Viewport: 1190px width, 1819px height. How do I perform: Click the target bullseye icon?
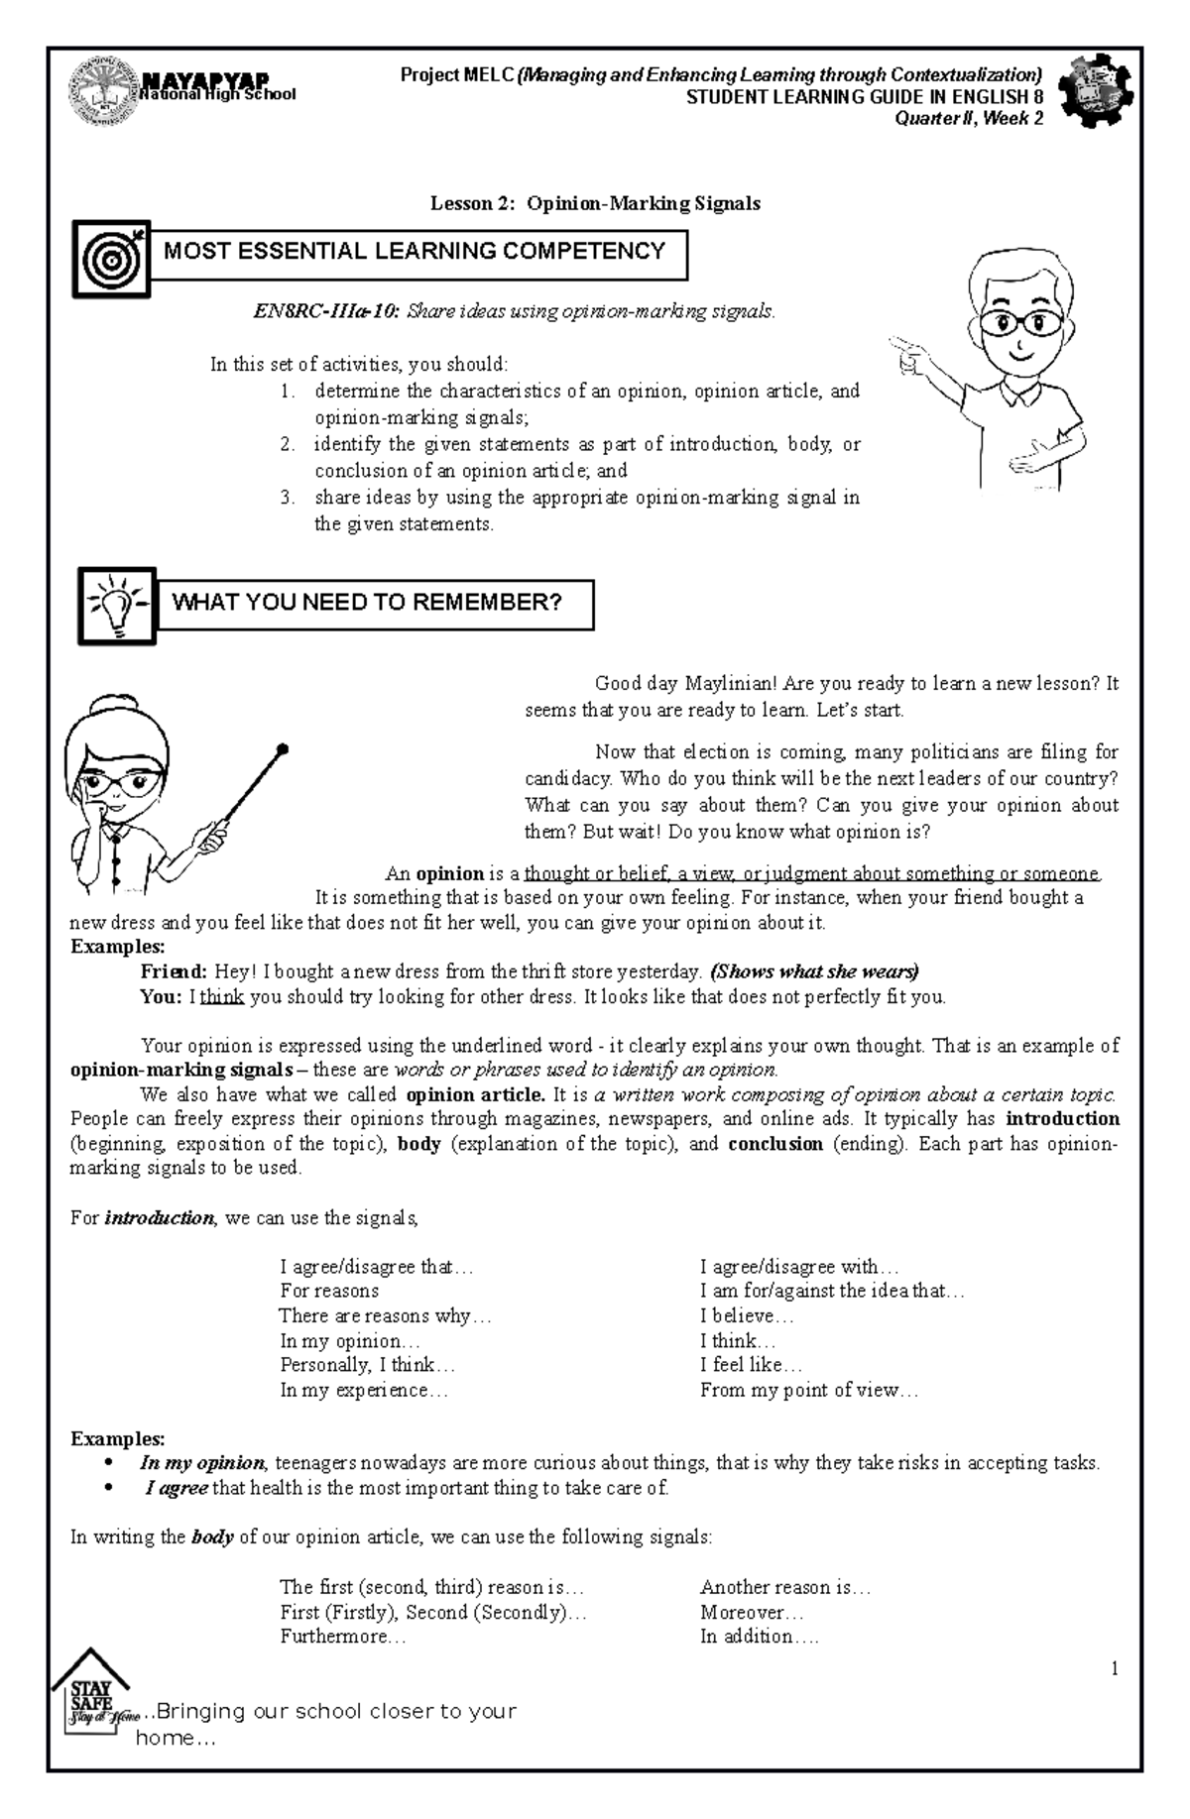(x=111, y=260)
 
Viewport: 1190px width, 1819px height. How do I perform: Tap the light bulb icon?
(x=117, y=604)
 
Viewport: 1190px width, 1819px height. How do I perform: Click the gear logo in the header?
(x=1096, y=90)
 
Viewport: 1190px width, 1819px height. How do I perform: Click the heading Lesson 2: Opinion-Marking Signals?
(x=595, y=203)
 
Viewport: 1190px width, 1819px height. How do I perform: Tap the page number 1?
(x=1115, y=1669)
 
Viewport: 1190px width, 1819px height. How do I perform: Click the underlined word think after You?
(x=222, y=997)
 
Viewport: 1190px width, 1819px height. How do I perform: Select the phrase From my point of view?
(x=809, y=1390)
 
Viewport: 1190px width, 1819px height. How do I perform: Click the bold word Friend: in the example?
(x=174, y=971)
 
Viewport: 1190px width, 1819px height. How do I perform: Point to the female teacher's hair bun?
(x=110, y=708)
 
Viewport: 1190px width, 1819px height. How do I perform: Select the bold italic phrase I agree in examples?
(x=177, y=1488)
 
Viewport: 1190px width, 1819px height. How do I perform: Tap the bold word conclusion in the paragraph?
(x=775, y=1143)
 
